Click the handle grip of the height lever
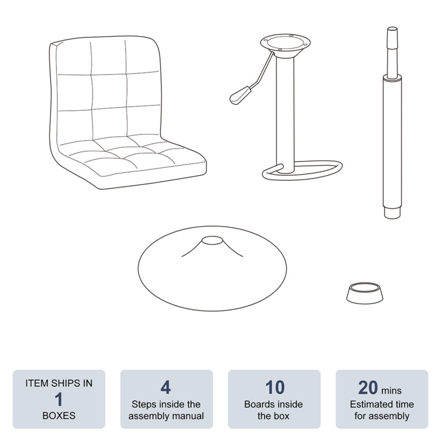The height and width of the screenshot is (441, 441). click(x=240, y=95)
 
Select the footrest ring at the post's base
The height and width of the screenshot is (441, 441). click(x=303, y=170)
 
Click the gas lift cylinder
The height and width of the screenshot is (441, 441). click(x=392, y=123)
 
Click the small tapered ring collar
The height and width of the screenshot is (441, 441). click(x=365, y=293)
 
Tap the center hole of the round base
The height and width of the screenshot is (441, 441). click(x=213, y=240)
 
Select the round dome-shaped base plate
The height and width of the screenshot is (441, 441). click(x=213, y=268)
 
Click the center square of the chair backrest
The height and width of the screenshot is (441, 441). click(x=109, y=91)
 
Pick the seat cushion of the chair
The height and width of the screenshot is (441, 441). click(x=132, y=157)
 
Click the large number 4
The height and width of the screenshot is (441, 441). click(x=166, y=387)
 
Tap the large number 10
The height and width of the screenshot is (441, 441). click(x=275, y=387)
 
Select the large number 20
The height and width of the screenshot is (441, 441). click(x=368, y=388)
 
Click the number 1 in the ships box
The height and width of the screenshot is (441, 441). click(x=59, y=400)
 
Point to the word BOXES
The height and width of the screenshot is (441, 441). click(x=59, y=416)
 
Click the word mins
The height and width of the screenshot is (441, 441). click(x=391, y=390)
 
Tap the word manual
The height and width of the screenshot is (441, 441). click(x=186, y=416)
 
